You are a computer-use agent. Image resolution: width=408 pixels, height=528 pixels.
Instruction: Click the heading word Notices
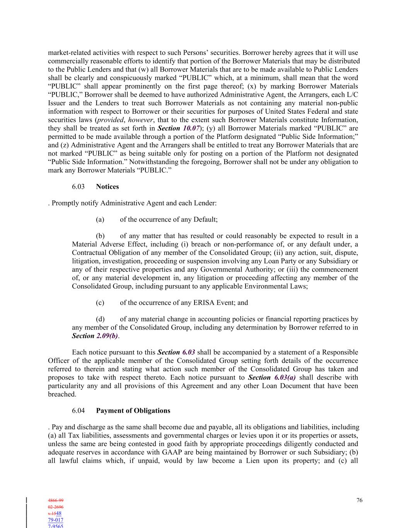[107, 186]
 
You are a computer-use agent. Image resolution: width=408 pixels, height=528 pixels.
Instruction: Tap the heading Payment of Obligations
[133, 410]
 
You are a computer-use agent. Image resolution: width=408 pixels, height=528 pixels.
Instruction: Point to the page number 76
[359, 500]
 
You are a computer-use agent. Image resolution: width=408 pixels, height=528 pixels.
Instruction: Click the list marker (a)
[100, 219]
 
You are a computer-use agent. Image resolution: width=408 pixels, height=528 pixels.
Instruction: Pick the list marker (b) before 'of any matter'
[100, 236]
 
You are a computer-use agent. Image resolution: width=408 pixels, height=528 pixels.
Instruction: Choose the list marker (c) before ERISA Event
[100, 302]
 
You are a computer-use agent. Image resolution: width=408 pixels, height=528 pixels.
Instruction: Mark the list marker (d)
[100, 319]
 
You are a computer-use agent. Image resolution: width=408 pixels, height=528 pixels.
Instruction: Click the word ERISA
[204, 302]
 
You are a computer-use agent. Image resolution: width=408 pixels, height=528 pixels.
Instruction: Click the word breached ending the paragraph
[61, 394]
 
